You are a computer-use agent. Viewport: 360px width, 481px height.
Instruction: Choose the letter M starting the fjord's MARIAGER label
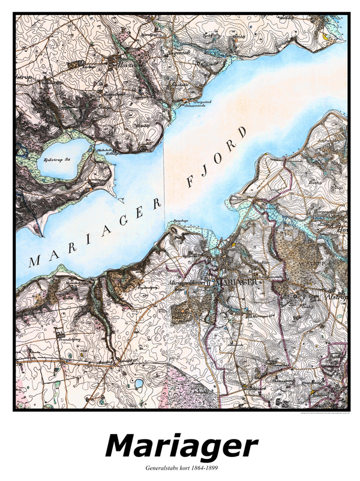[34, 261]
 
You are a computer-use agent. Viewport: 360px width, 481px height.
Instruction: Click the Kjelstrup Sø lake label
[58, 160]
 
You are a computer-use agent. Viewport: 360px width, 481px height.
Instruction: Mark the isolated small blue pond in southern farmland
[138, 383]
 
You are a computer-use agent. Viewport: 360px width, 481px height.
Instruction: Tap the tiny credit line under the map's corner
[324, 414]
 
